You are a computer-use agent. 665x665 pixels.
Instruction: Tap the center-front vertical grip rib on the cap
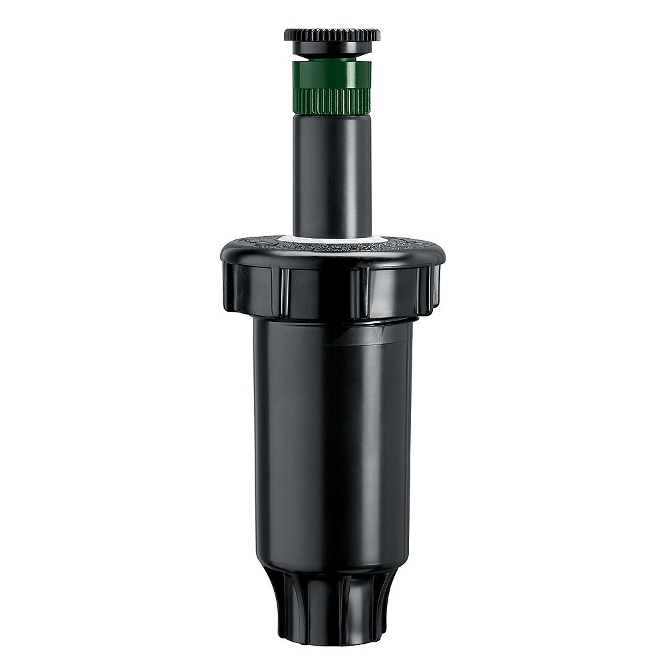click(x=356, y=293)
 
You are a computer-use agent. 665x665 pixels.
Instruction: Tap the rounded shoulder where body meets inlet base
click(x=332, y=569)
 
